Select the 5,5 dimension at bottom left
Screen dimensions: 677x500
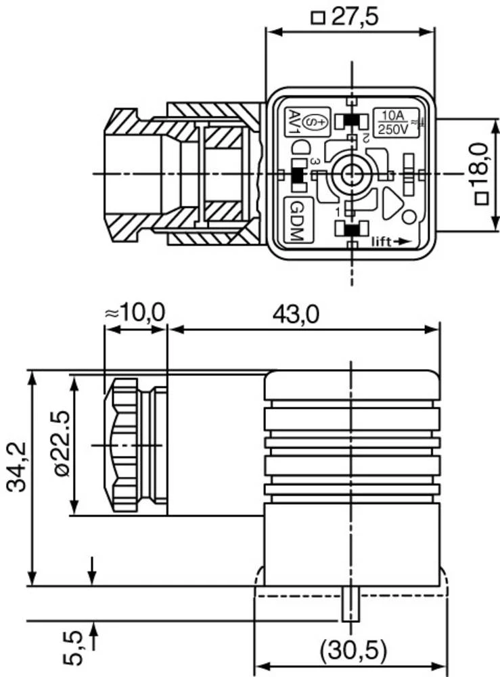point(75,647)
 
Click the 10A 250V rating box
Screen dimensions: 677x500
point(392,123)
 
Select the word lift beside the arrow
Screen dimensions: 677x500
point(383,240)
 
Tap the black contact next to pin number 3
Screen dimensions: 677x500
point(296,174)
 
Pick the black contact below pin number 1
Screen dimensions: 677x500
point(351,230)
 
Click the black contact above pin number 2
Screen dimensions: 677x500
point(351,121)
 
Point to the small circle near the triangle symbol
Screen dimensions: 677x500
point(409,218)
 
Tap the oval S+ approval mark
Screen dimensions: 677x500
point(314,122)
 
